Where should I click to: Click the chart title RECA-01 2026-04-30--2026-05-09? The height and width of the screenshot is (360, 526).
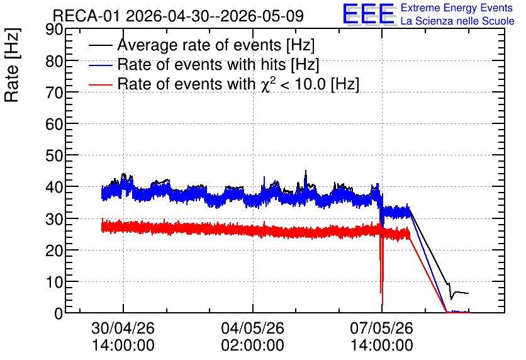pyautogui.click(x=178, y=16)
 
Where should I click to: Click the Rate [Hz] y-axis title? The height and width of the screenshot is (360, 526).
pyautogui.click(x=12, y=65)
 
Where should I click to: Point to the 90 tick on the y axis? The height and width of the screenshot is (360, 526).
pyautogui.click(x=54, y=30)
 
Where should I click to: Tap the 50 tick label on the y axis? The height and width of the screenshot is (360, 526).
pyautogui.click(x=54, y=155)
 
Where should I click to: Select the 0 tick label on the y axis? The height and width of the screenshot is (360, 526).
pyautogui.click(x=59, y=313)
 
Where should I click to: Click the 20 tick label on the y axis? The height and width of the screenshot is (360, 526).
pyautogui.click(x=54, y=250)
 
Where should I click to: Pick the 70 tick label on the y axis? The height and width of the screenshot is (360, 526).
pyautogui.click(x=54, y=93)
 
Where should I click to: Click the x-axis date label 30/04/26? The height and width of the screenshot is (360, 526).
pyautogui.click(x=123, y=328)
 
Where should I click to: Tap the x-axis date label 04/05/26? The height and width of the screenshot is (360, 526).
pyautogui.click(x=252, y=328)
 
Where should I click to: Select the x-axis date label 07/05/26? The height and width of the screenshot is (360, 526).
pyautogui.click(x=382, y=328)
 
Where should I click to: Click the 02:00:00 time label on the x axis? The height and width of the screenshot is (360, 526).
pyautogui.click(x=252, y=345)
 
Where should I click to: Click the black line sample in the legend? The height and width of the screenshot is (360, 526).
pyautogui.click(x=100, y=45)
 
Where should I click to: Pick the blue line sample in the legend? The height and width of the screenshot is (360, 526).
pyautogui.click(x=100, y=65)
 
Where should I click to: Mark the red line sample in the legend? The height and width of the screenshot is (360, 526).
pyautogui.click(x=100, y=84)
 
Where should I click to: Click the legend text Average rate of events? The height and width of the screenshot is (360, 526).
pyautogui.click(x=199, y=45)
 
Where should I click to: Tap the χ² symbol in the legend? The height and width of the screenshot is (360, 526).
pyautogui.click(x=268, y=84)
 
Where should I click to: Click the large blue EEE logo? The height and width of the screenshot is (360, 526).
pyautogui.click(x=369, y=14)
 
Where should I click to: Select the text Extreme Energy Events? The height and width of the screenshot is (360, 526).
pyautogui.click(x=457, y=8)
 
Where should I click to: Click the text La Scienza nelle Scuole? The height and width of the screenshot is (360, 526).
pyautogui.click(x=457, y=21)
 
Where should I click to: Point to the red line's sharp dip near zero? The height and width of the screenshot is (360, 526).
pyautogui.click(x=382, y=304)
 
